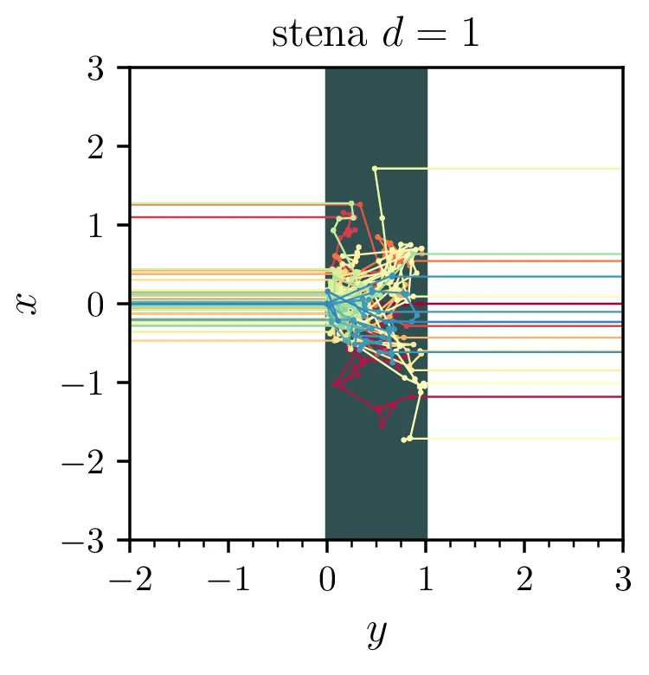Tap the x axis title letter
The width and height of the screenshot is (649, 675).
point(29,304)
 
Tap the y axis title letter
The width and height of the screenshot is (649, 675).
point(376,634)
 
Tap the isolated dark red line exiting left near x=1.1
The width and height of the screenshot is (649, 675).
point(225,217)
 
